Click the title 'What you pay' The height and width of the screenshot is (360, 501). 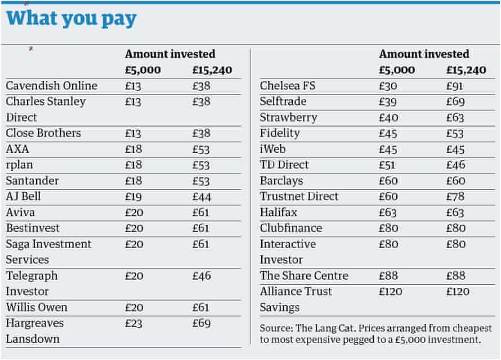(x=71, y=19)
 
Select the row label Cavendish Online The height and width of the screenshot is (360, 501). (x=51, y=85)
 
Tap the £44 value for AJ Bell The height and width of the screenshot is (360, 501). (x=200, y=196)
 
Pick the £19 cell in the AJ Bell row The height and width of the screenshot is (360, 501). (x=133, y=196)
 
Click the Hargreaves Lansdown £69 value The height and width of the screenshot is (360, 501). (x=200, y=323)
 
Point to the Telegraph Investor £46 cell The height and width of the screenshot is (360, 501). (x=200, y=276)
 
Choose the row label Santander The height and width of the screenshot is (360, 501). (x=32, y=181)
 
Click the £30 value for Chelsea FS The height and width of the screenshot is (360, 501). (x=388, y=85)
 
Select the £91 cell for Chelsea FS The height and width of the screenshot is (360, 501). (x=455, y=85)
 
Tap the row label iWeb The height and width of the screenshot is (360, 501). (x=273, y=149)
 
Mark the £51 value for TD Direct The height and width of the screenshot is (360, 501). (x=387, y=165)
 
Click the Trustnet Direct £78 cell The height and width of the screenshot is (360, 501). (x=455, y=196)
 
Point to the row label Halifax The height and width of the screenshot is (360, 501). (x=278, y=212)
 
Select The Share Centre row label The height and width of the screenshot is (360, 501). (x=303, y=276)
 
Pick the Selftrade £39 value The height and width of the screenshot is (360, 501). (x=388, y=101)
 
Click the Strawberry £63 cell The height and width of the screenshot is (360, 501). (x=455, y=117)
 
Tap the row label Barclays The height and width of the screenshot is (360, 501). (x=281, y=181)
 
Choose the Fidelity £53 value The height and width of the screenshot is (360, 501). (x=455, y=133)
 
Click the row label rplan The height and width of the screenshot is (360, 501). (x=21, y=165)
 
